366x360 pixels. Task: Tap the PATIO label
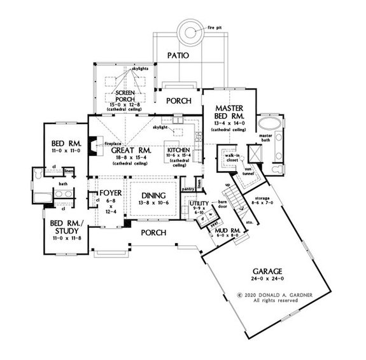coord(179,56)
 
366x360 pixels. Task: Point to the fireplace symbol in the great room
coord(94,146)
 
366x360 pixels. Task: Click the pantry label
coord(187,189)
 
